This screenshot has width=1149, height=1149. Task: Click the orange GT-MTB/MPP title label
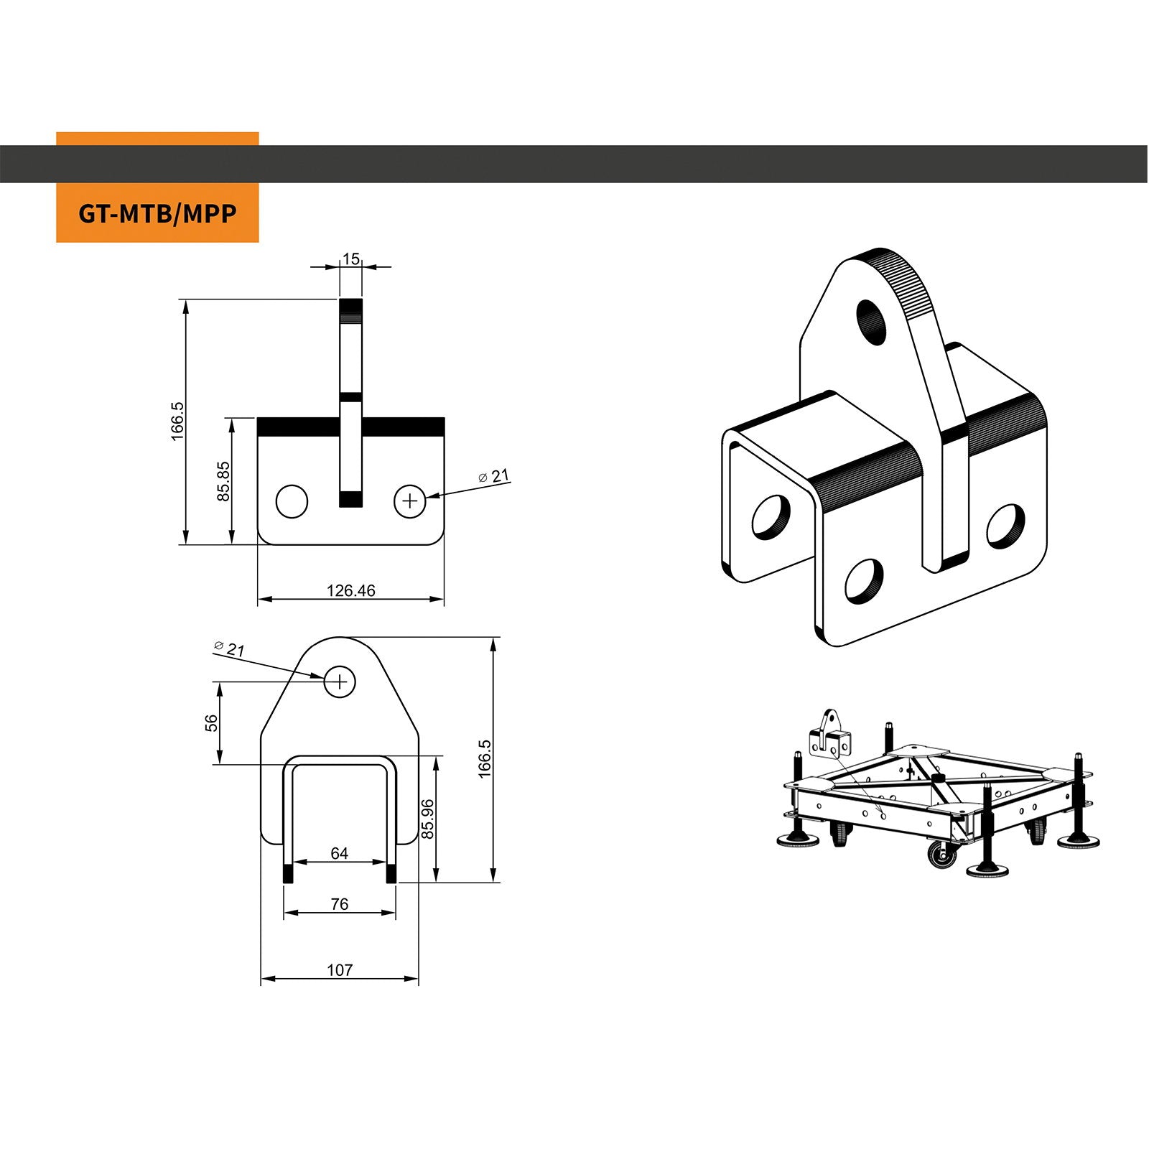tap(157, 213)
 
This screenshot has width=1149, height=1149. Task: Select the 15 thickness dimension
tap(350, 259)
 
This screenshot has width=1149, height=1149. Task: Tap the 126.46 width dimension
tap(350, 590)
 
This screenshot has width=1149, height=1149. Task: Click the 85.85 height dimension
tap(223, 480)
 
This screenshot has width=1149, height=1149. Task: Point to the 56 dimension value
tap(211, 722)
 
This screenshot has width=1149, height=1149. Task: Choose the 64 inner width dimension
tap(339, 853)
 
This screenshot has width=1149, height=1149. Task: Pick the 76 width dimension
tap(339, 904)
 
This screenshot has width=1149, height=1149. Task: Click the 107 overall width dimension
tap(339, 970)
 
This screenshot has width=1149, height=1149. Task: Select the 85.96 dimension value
tap(428, 819)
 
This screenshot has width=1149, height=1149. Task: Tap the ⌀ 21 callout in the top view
tap(494, 476)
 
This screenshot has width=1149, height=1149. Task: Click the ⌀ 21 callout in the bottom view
tap(230, 648)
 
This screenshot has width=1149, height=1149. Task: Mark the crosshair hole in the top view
tap(410, 501)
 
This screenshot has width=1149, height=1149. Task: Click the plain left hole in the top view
tap(292, 501)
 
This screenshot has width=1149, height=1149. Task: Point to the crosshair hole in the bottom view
tap(340, 681)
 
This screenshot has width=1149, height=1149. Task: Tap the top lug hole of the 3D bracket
tap(873, 320)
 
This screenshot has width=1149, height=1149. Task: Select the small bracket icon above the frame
tap(829, 735)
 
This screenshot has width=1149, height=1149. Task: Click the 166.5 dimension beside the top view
tap(177, 421)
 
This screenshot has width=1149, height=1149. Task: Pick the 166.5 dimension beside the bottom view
tap(485, 758)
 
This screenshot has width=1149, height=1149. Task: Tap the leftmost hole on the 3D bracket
tap(770, 516)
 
